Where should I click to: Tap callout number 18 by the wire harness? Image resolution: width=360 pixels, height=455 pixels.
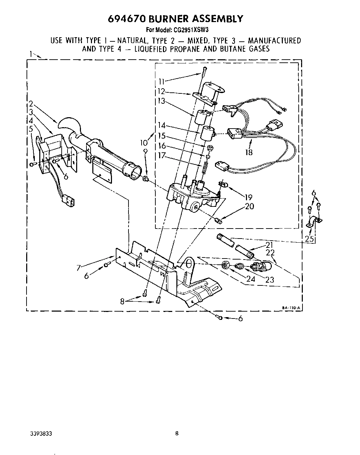coord(248,152)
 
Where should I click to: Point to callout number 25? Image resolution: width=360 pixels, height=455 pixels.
coord(310,238)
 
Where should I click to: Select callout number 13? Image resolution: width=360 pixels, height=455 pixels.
coord(161,101)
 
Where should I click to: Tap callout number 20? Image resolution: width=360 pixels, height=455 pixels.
coord(249,206)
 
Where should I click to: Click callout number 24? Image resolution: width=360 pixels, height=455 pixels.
coord(251,279)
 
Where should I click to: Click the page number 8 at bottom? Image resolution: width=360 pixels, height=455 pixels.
coord(177,433)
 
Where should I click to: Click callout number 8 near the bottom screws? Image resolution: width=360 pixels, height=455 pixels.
coord(122,301)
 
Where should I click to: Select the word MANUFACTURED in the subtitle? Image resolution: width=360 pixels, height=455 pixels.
coord(274,40)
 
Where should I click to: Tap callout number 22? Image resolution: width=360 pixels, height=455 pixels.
coord(270,253)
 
